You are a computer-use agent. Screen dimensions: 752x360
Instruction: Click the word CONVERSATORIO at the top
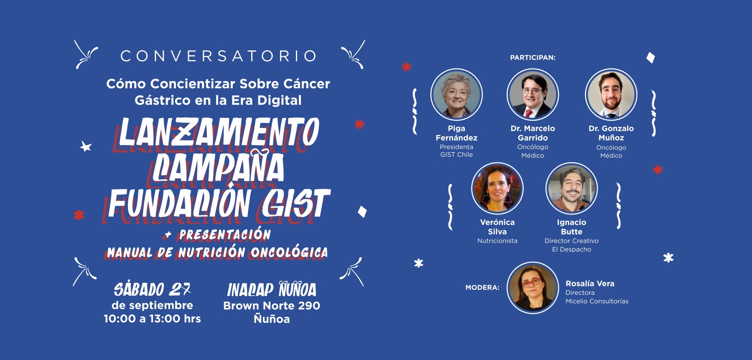218,56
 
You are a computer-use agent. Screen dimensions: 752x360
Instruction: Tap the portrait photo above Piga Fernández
456,94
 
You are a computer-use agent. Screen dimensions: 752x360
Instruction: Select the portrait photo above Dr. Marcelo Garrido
533,94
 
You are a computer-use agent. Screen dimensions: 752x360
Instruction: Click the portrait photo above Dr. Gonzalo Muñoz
611,94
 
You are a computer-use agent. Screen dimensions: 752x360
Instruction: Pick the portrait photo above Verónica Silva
497,189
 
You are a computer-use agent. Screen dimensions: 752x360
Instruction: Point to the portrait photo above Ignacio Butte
571,189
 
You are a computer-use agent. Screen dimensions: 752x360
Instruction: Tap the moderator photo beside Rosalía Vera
533,288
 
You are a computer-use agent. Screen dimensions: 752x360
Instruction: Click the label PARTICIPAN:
533,58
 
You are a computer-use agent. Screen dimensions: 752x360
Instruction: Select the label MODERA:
482,288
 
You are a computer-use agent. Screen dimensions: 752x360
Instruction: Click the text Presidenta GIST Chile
456,151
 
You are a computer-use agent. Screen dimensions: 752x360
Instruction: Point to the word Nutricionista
497,241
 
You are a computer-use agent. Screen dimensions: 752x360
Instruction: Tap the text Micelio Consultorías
597,301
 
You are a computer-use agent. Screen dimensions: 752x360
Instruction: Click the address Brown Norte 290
272,306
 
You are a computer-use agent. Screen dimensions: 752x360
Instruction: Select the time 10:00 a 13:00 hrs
152,319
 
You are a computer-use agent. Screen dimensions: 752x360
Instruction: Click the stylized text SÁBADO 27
152,289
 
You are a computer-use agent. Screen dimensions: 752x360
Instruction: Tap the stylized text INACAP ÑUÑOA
272,289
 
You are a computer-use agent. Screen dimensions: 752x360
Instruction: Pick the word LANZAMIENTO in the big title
219,132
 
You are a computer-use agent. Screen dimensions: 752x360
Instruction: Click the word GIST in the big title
296,203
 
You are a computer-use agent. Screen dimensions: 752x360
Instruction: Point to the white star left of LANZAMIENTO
86,146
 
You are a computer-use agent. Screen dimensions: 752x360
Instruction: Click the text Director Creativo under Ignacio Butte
571,241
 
